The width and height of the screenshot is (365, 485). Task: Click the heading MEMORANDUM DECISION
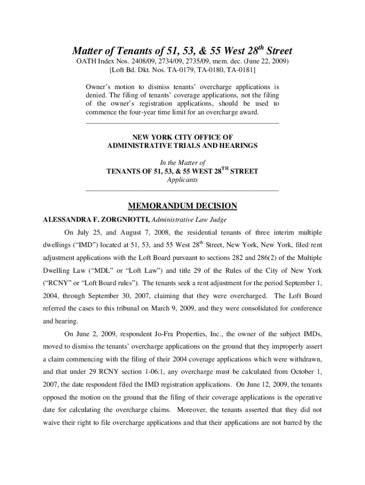182,206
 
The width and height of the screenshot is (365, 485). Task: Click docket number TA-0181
238,71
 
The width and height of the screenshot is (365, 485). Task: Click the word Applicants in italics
182,180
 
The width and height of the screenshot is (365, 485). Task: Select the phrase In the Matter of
182,162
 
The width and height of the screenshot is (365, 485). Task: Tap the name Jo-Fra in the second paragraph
181,333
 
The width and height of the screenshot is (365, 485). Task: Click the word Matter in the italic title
88,51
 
